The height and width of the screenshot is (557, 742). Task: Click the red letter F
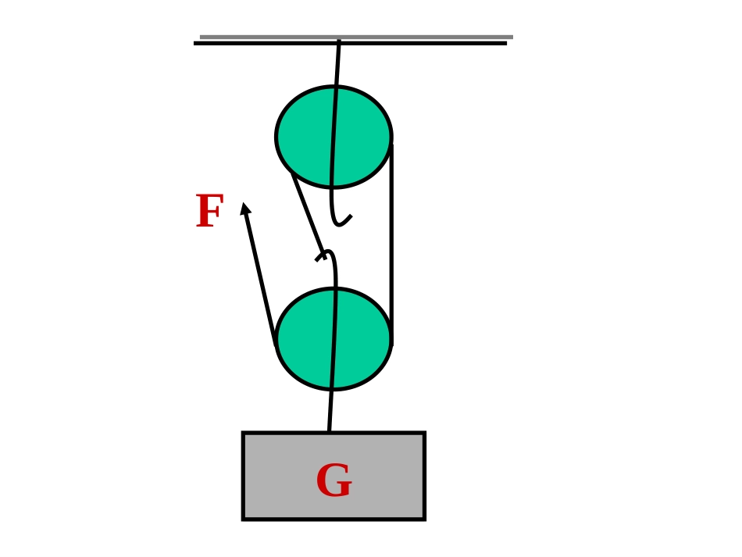point(209,211)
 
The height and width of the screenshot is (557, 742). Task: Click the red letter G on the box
point(334,480)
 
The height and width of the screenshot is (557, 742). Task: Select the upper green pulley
point(334,137)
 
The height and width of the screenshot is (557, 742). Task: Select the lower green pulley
point(334,339)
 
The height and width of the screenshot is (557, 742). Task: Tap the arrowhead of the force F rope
point(244,209)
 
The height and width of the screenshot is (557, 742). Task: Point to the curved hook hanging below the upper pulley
point(340,213)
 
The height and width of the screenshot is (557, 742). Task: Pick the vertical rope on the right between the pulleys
point(391,244)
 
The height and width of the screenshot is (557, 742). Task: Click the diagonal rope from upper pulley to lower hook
point(308,214)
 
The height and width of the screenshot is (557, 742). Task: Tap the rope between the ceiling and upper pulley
point(337,63)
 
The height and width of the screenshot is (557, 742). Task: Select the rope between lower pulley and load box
point(330,411)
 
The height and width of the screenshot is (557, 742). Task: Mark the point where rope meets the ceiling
point(339,41)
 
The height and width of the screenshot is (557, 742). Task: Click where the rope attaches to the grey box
point(330,431)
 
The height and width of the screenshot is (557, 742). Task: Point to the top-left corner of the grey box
point(243,433)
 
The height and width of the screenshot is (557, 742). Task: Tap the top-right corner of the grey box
point(425,433)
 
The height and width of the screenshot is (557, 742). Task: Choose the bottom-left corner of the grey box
point(243,520)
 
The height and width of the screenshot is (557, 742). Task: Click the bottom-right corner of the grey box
point(425,520)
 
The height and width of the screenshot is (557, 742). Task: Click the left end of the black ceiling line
point(194,44)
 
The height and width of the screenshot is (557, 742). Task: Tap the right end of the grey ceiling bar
point(513,37)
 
